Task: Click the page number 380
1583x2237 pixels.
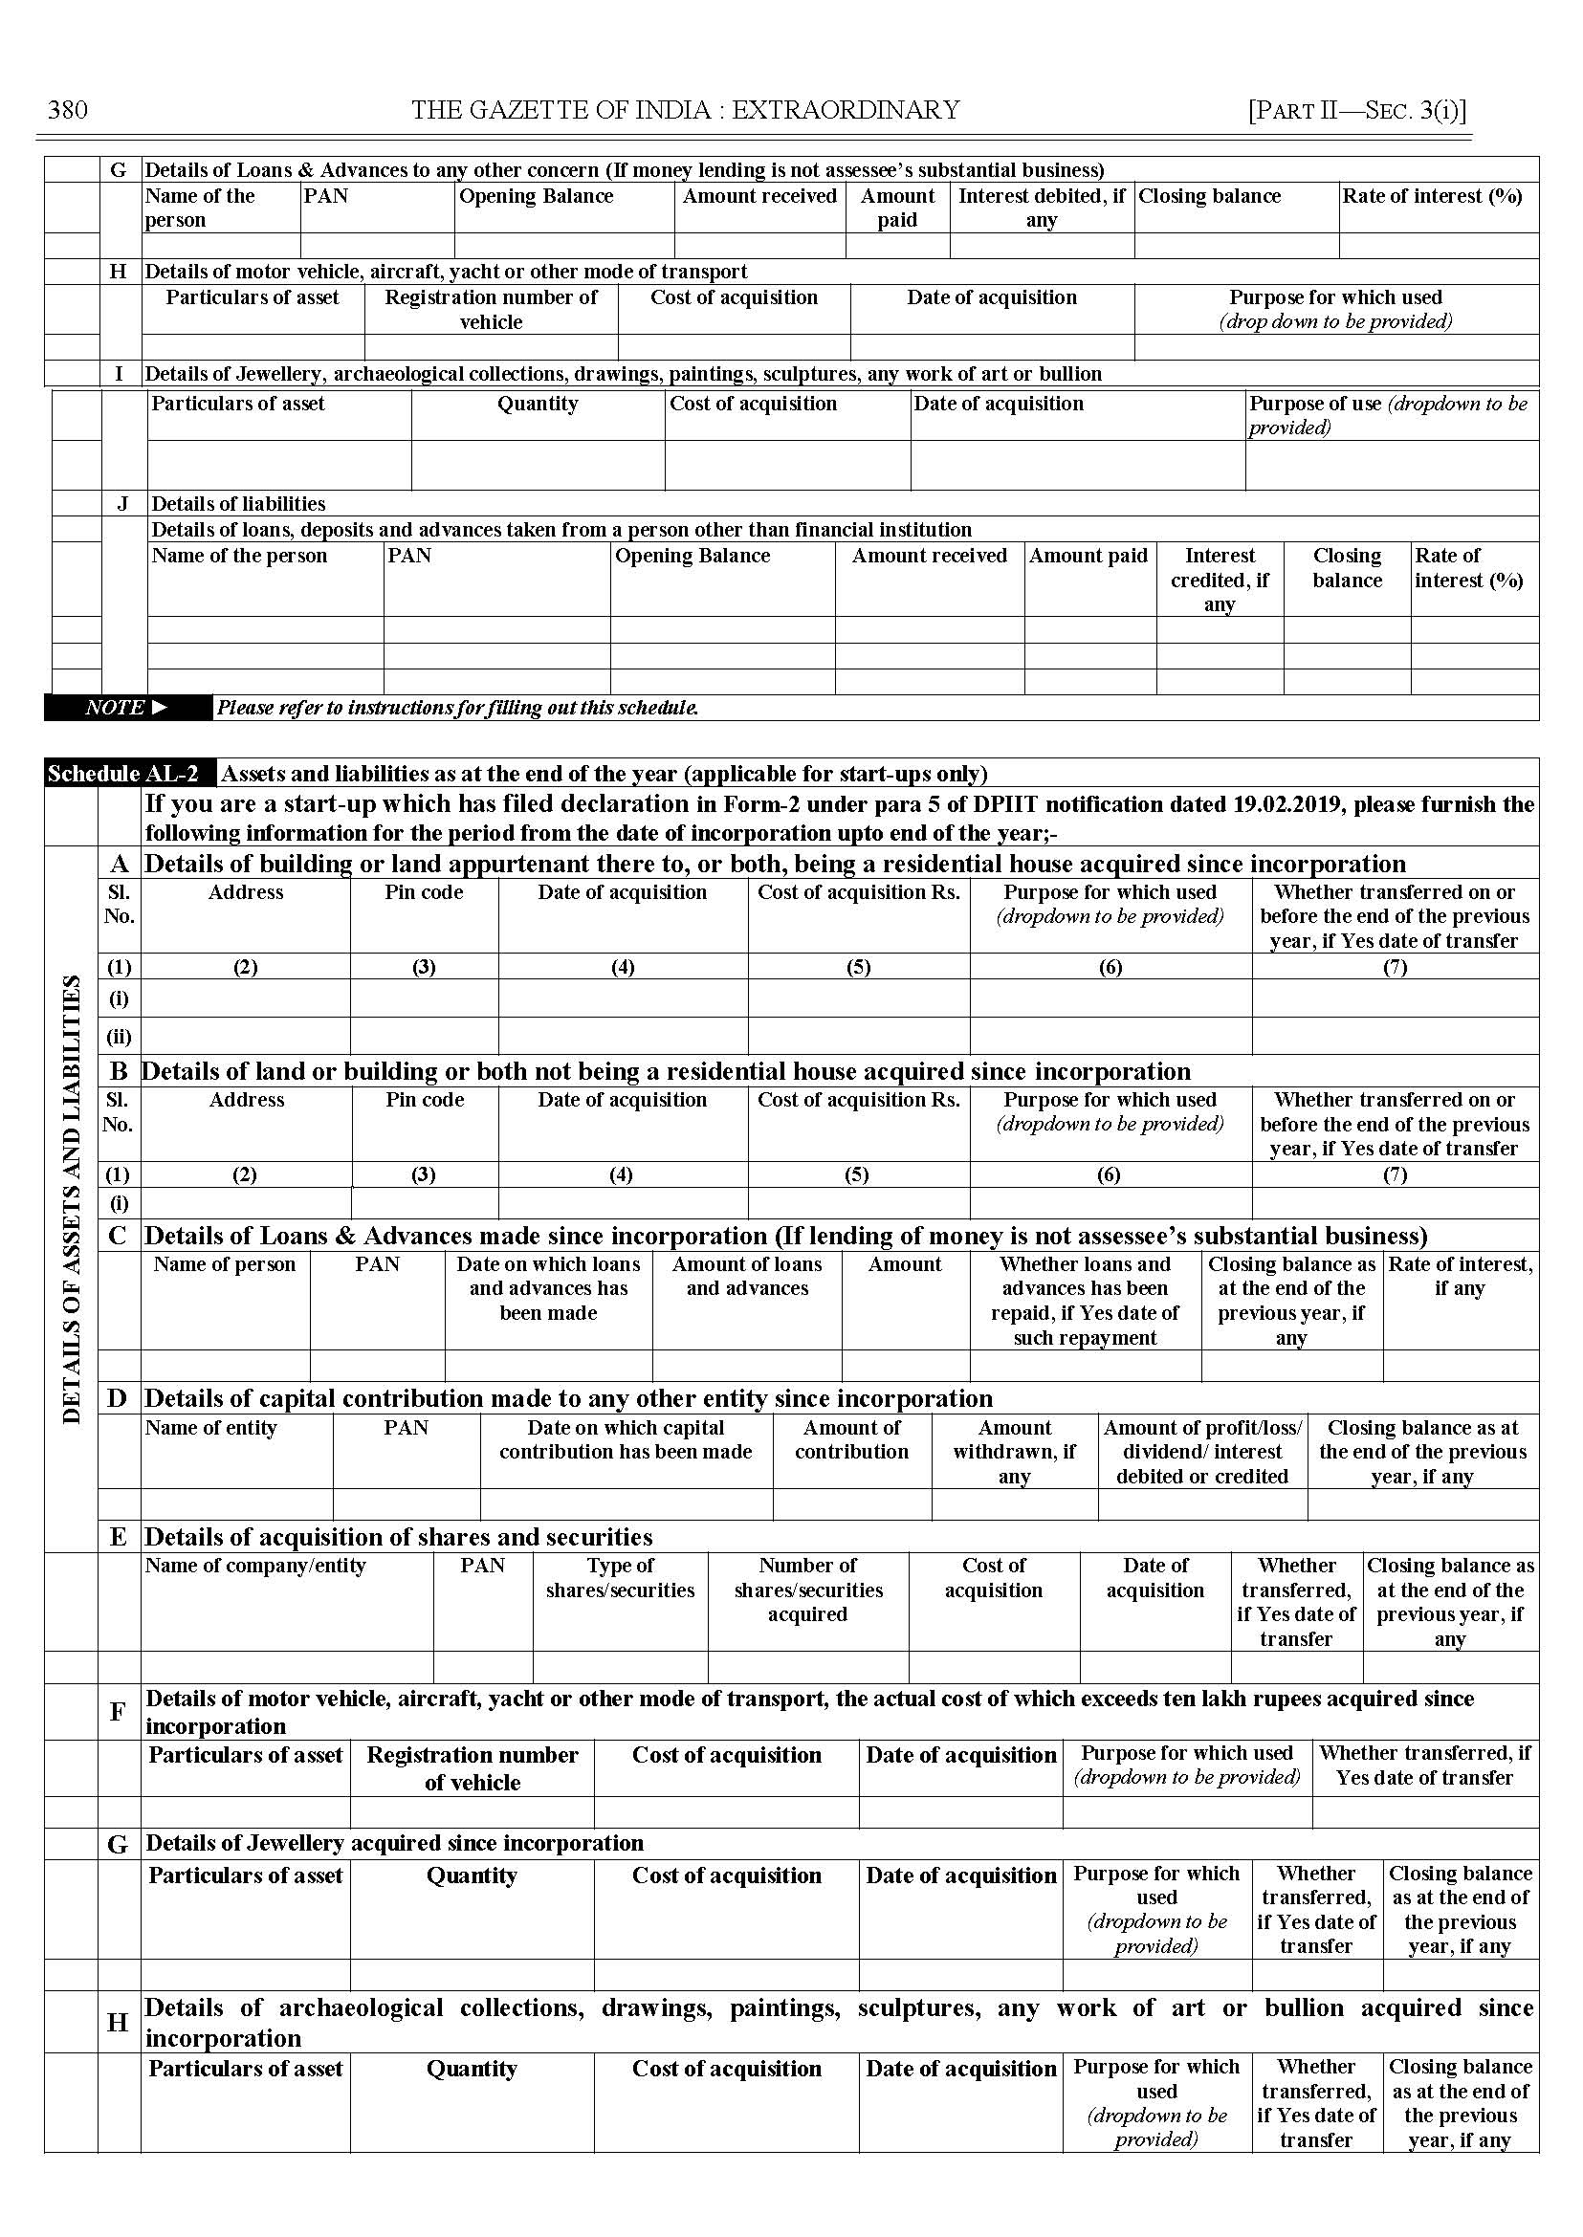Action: pos(67,109)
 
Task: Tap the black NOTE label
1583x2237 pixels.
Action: pos(126,708)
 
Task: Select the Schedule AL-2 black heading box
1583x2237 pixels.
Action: pos(123,774)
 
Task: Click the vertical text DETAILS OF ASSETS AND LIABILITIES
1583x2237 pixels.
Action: pos(72,1199)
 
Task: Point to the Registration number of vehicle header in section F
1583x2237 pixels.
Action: pos(472,1768)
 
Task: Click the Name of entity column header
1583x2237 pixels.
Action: pos(210,1428)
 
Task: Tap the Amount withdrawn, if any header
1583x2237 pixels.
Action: pos(1014,1452)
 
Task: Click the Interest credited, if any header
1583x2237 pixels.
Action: pos(1220,580)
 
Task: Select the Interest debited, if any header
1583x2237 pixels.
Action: pos(1041,208)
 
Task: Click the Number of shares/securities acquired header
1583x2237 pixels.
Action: pos(808,1590)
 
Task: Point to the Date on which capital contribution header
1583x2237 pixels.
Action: pos(626,1439)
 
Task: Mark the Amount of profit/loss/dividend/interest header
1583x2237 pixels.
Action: pos(1202,1452)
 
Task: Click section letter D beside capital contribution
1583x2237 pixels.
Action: pos(118,1399)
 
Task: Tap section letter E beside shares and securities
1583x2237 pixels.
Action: pos(118,1537)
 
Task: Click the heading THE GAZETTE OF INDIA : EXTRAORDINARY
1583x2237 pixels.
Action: pos(685,109)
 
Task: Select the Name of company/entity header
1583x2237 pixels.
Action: pos(255,1566)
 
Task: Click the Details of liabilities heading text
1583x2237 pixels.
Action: pos(238,504)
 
